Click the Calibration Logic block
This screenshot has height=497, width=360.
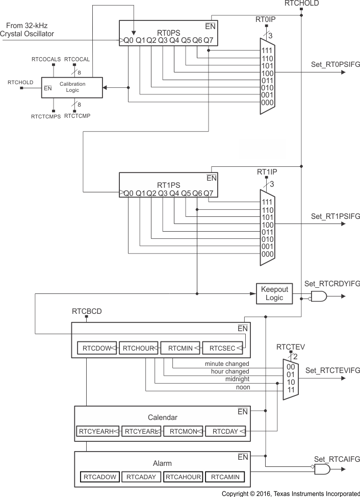pyautogui.click(x=72, y=87)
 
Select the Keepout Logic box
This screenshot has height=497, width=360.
pyautogui.click(x=274, y=293)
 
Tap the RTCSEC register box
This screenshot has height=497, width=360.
pyautogui.click(x=222, y=348)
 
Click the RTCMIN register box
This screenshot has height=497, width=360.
pyautogui.click(x=180, y=348)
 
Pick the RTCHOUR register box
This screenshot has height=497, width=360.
pyautogui.click(x=139, y=348)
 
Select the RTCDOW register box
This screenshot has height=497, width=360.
pyautogui.click(x=97, y=348)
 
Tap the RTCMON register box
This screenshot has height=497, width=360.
pyautogui.click(x=183, y=431)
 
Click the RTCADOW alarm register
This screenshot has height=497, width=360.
pyautogui.click(x=99, y=477)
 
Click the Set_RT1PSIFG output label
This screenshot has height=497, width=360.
pyautogui.click(x=335, y=216)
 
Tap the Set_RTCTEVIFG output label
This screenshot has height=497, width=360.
pyautogui.click(x=332, y=370)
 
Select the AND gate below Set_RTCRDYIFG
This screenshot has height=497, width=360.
pyautogui.click(x=319, y=296)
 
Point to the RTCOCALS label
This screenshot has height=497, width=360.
pyautogui.click(x=45, y=60)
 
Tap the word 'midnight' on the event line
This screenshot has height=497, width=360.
pyautogui.click(x=237, y=379)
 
